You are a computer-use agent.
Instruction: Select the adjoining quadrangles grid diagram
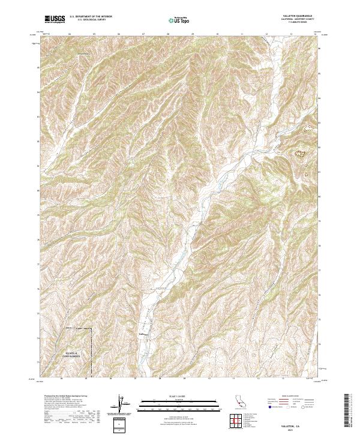pos(239,422)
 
